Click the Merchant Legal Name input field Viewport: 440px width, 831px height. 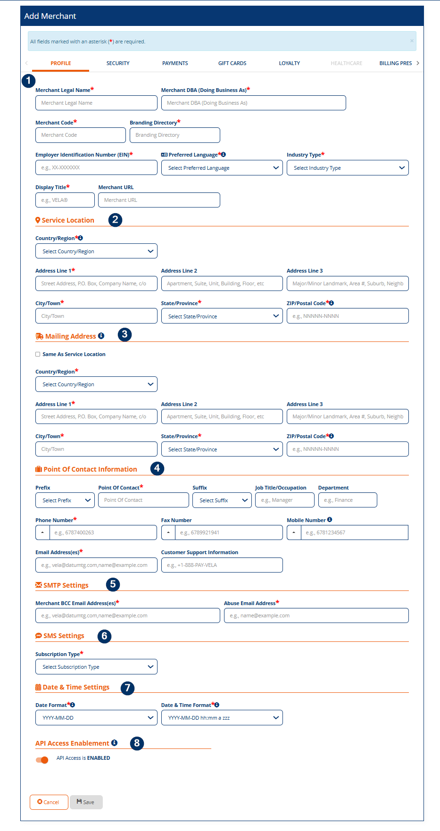96,103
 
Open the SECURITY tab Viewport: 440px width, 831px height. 118,63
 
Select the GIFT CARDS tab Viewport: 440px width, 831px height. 232,63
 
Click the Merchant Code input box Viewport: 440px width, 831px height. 80,135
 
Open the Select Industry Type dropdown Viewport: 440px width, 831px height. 348,168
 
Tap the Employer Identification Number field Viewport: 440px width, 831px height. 96,167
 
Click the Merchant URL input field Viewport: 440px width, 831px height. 159,200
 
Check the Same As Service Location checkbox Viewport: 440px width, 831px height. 38,354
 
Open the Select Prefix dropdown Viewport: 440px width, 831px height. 65,500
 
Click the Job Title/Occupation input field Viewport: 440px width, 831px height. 284,500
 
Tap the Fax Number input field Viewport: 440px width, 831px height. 229,532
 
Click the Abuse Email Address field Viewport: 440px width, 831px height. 316,615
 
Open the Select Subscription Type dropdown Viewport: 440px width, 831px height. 96,667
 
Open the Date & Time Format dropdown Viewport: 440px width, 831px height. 222,718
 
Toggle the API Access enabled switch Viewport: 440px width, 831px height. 42,760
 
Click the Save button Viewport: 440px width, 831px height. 86,802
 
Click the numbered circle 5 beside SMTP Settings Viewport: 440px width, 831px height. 113,584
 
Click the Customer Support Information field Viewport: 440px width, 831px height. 222,565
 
